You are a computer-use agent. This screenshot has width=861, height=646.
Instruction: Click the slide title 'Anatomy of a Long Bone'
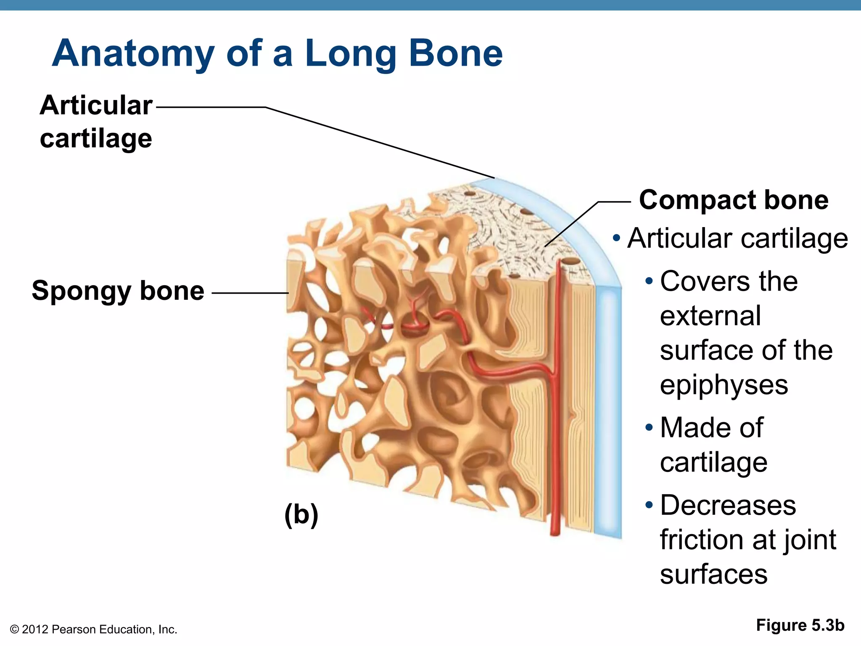click(277, 53)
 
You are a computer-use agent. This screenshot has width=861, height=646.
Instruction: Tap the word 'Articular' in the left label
click(96, 105)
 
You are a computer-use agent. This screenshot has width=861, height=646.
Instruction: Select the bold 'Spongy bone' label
click(118, 291)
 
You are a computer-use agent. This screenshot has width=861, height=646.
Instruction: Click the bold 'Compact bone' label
click(734, 200)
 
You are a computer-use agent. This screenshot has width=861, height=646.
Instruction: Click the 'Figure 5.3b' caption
click(800, 625)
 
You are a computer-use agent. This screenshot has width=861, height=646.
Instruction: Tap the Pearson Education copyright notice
click(93, 630)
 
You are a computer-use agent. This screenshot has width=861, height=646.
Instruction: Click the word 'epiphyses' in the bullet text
click(724, 385)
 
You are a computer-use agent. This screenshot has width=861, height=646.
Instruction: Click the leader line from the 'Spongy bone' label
click(250, 293)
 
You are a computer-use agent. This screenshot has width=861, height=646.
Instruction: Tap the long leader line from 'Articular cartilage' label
click(378, 142)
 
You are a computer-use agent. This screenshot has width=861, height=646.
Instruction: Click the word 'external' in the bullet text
click(710, 316)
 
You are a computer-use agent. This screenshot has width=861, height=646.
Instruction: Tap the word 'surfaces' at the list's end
click(713, 575)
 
